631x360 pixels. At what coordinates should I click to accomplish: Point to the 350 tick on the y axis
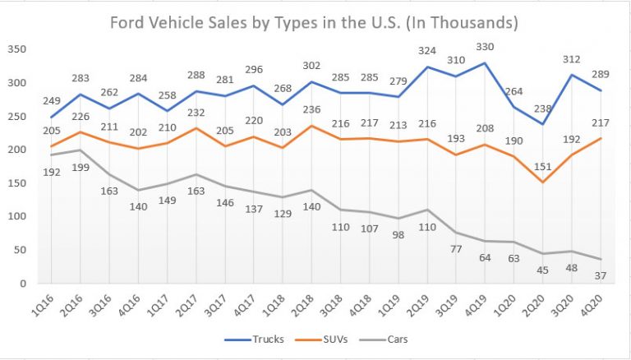coord(16,49)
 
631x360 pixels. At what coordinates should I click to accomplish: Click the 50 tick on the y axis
coord(20,250)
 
